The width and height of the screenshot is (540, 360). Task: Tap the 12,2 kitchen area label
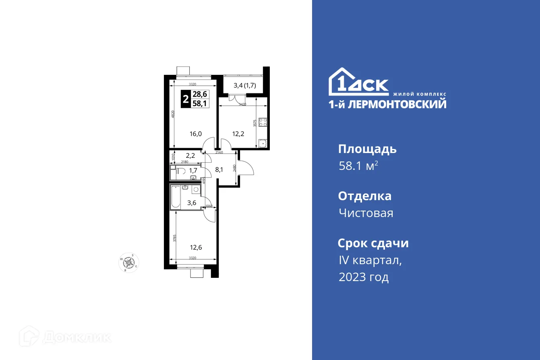point(238,134)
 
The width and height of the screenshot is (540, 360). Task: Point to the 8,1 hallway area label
point(219,170)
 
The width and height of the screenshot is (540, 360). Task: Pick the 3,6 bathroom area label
point(192,203)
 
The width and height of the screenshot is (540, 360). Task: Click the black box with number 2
point(185,99)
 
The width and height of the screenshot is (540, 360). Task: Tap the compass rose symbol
point(129,263)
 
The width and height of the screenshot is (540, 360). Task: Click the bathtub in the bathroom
point(176,197)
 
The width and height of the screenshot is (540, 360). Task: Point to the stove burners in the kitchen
point(263,122)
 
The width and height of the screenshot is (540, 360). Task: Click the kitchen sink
point(263,143)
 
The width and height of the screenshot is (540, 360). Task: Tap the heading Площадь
point(367,149)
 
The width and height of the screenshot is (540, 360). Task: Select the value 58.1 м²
point(358,166)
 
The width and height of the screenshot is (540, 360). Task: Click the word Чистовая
point(366,213)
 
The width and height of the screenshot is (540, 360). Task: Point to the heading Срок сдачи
point(373,243)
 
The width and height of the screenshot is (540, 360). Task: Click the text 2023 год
point(364,277)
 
